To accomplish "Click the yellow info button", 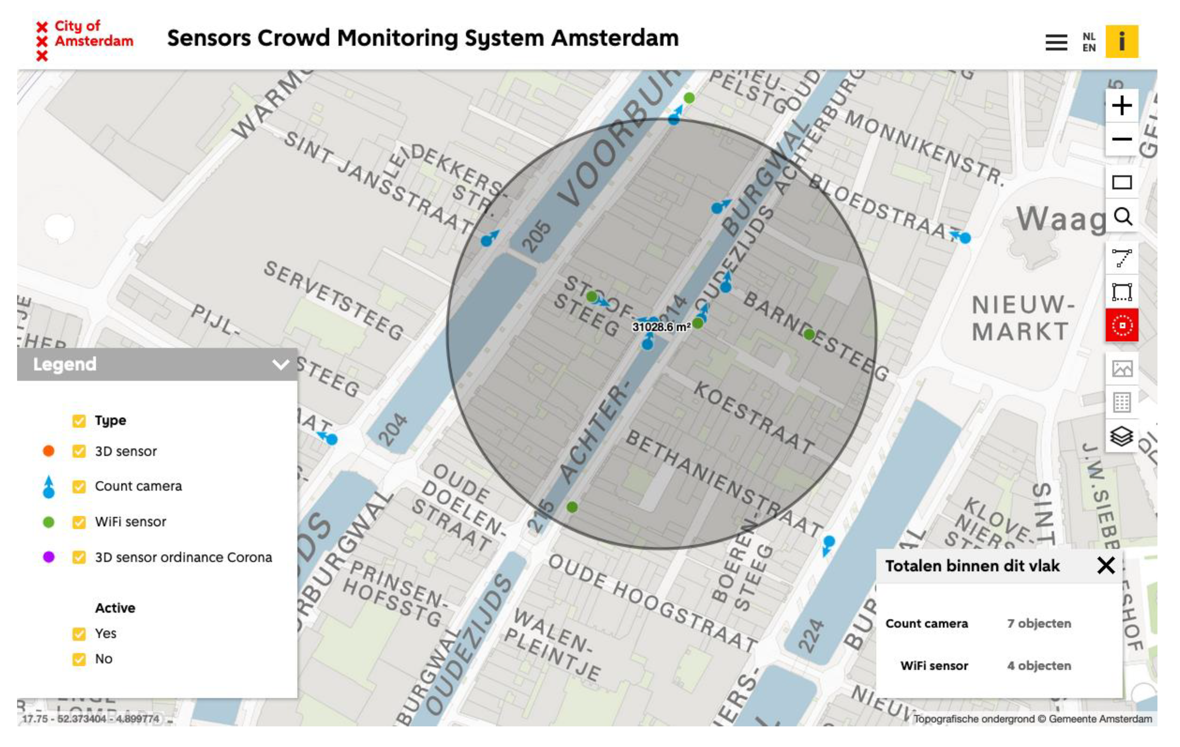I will click(x=1121, y=41).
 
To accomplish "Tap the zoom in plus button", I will click(x=1121, y=105).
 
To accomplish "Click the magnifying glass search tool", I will click(x=1122, y=216).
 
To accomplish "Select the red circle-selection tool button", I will click(x=1122, y=325).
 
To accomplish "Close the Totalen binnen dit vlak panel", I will click(x=1105, y=566).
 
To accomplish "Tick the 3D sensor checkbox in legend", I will click(x=79, y=451).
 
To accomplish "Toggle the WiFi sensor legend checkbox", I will click(x=79, y=522).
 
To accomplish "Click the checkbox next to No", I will click(x=79, y=659).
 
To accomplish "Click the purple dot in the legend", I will click(x=49, y=557).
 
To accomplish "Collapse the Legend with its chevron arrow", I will click(x=280, y=365).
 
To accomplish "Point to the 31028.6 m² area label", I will click(x=661, y=327).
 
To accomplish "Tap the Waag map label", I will click(x=1060, y=218).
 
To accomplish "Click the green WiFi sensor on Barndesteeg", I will click(x=809, y=335).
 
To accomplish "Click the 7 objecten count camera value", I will click(x=1039, y=623).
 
